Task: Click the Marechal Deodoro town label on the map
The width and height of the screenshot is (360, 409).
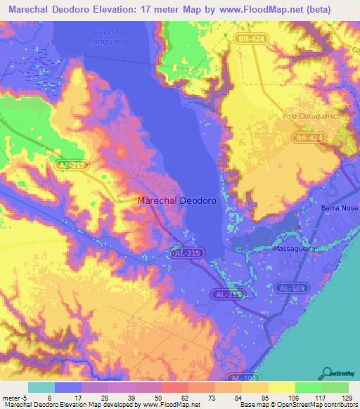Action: click(176, 200)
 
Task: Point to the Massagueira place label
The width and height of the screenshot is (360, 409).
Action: click(293, 249)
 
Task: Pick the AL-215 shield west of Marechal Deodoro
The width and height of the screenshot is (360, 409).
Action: click(70, 164)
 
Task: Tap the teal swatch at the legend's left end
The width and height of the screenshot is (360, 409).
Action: click(41, 387)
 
